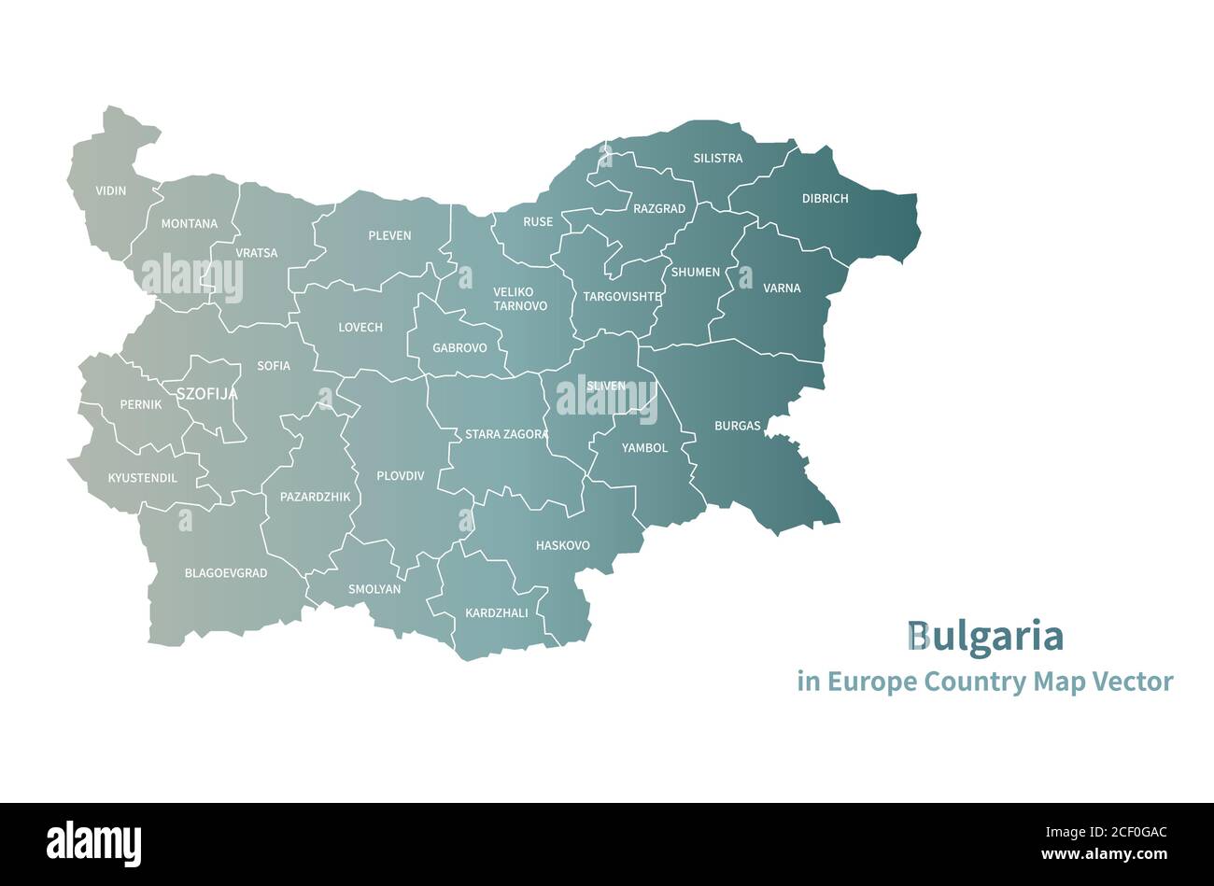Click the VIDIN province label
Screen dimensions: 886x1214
click(x=110, y=191)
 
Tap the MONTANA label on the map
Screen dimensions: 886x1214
click(x=189, y=224)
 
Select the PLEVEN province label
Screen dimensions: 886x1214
click(x=389, y=235)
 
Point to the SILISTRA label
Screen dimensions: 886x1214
click(x=717, y=159)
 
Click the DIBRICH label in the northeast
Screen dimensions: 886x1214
click(x=825, y=199)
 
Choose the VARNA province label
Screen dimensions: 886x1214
click(x=782, y=288)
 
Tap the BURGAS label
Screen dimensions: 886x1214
click(x=737, y=426)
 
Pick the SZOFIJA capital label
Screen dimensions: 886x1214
click(x=206, y=395)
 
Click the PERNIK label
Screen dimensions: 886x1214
click(x=141, y=405)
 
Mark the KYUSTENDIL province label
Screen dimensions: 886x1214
click(x=143, y=478)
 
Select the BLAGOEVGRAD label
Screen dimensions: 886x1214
click(x=226, y=573)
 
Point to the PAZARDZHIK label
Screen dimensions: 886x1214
click(x=315, y=497)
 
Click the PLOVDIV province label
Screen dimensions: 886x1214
click(x=400, y=476)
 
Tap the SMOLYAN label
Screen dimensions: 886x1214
click(x=374, y=589)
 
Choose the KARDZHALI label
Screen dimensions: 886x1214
click(x=496, y=613)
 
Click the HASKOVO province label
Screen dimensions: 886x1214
click(x=562, y=545)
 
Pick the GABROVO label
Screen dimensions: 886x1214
click(x=459, y=348)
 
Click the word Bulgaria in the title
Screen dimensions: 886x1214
click(x=984, y=637)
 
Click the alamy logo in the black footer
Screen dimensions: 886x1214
click(x=93, y=844)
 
